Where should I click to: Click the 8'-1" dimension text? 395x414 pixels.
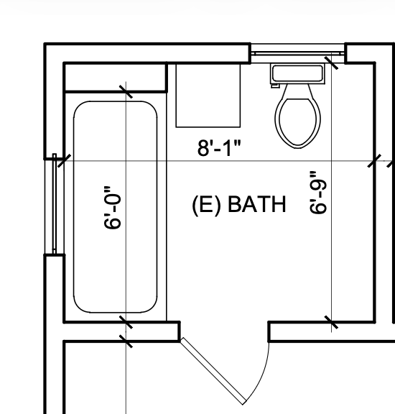tap(219, 148)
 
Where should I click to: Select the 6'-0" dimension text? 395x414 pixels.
tap(112, 207)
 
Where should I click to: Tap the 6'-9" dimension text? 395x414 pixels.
tap(318, 192)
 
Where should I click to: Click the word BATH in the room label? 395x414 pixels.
tap(256, 204)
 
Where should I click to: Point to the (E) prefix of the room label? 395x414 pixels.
tap(206, 205)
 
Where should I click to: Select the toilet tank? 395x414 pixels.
tap(297, 73)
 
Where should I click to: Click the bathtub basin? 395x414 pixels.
tap(116, 207)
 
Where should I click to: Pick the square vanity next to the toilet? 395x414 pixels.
tap(208, 96)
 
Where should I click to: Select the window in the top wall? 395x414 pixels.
tap(297, 53)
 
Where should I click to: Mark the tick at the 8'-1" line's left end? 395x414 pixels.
tap(64, 160)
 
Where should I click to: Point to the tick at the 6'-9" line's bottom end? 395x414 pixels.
tap(331, 322)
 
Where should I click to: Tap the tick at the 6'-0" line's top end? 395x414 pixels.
tap(126, 91)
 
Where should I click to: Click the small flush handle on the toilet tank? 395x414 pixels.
tap(275, 86)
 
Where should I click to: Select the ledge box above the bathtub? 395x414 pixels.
tap(115, 77)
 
